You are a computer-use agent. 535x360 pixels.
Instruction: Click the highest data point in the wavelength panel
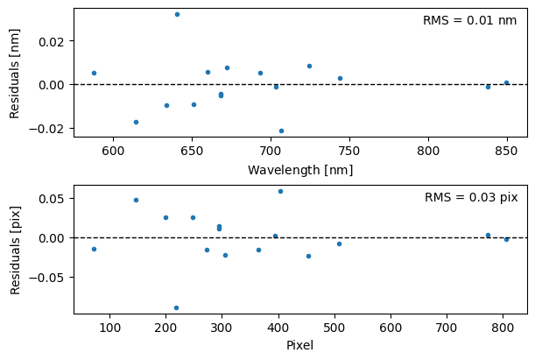[177, 14]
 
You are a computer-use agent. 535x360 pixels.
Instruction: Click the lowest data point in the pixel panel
[176, 307]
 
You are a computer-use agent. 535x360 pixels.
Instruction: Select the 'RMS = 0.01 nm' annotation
[469, 20]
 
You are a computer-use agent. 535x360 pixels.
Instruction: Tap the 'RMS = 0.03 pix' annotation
[471, 198]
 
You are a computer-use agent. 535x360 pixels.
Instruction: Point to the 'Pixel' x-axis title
[300, 345]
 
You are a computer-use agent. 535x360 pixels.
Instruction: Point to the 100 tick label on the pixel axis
[109, 328]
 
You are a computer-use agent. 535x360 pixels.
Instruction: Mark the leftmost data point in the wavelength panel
[94, 73]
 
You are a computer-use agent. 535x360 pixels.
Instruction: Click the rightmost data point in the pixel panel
[506, 239]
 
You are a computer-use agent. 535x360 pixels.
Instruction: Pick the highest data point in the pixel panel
[280, 191]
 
